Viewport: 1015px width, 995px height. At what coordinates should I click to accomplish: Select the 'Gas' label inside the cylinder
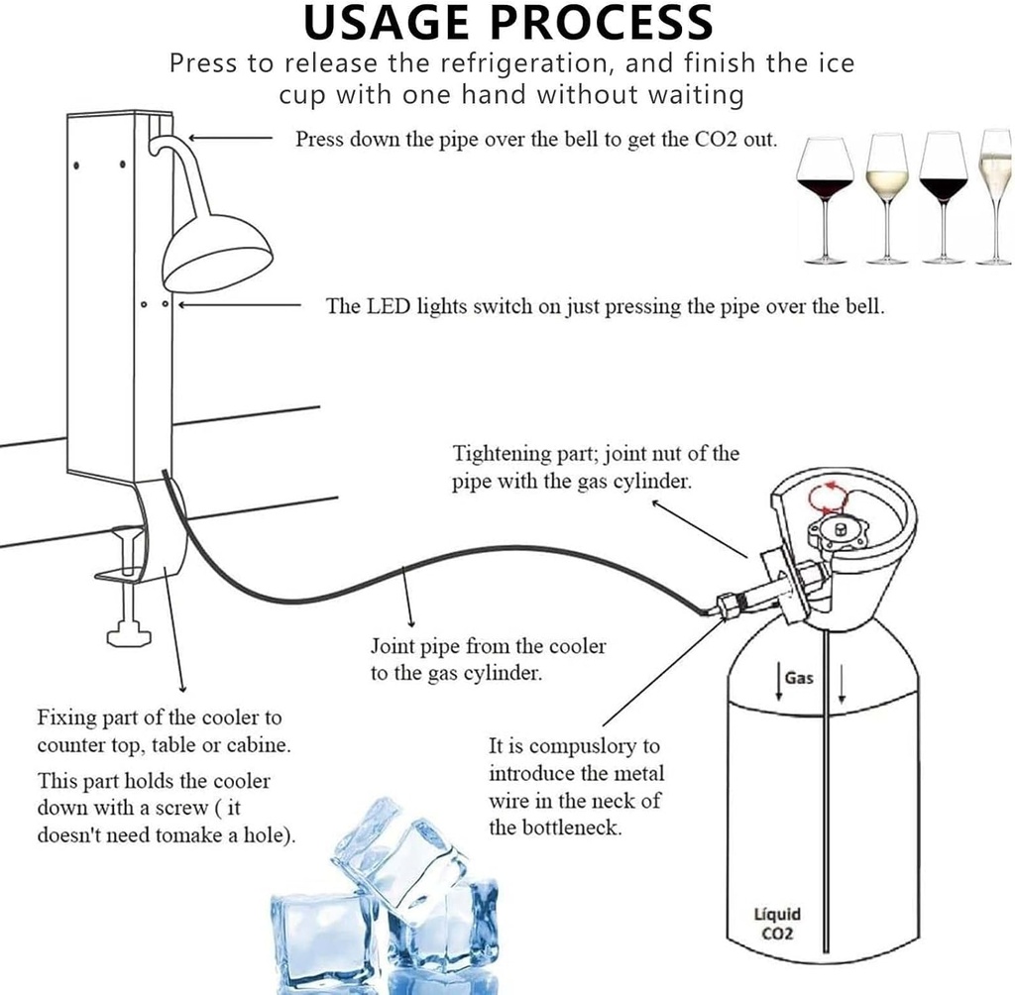pos(799,679)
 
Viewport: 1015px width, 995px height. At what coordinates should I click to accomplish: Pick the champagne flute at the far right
pos(994,188)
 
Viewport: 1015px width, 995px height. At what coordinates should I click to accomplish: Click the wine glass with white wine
pos(886,188)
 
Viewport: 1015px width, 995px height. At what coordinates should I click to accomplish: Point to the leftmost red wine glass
pos(825,188)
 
